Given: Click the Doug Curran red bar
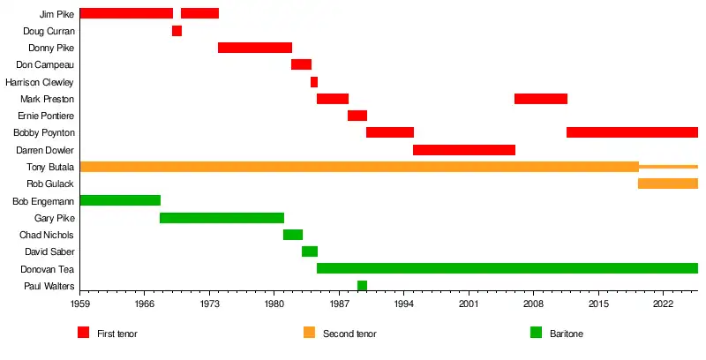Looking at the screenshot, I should click(176, 31).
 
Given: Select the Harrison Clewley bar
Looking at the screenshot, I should click(313, 82).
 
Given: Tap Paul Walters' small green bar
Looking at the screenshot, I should click(362, 285).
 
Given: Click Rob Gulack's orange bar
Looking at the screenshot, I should click(667, 184).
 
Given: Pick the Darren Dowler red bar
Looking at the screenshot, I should click(463, 150).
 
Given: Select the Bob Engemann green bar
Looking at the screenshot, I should click(120, 200).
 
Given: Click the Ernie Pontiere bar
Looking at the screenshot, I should click(357, 116).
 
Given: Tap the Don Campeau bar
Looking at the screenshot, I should click(301, 64).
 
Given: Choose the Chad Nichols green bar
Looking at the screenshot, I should click(292, 235).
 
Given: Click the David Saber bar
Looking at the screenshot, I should click(309, 251).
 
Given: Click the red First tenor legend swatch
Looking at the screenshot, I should click(84, 333).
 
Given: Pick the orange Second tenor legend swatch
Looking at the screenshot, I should click(309, 333).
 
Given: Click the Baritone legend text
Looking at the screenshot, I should click(567, 334).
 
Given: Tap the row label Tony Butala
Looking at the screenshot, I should click(50, 167).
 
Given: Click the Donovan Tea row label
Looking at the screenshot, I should click(47, 268).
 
